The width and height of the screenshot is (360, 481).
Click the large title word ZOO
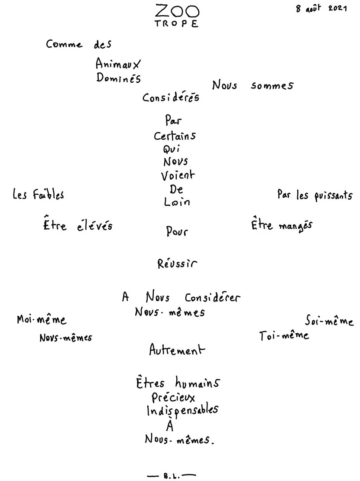click(177, 11)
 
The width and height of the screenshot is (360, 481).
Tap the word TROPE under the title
click(177, 24)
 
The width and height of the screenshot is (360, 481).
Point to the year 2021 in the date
click(337, 8)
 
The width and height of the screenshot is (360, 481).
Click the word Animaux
click(118, 64)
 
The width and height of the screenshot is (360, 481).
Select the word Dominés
click(119, 78)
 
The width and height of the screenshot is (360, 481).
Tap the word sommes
click(272, 86)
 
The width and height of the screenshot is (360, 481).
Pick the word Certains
click(175, 136)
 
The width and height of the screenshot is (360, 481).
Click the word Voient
click(178, 175)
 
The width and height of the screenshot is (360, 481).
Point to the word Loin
click(177, 201)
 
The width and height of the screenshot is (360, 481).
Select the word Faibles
click(49, 195)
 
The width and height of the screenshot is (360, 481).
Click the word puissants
click(334, 196)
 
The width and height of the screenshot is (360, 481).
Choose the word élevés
click(95, 226)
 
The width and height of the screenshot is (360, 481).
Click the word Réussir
click(177, 263)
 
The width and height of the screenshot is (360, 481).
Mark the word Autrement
click(177, 350)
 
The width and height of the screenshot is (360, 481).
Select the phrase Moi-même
click(42, 320)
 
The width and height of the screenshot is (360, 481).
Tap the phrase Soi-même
click(329, 321)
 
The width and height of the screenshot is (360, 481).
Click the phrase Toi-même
click(284, 335)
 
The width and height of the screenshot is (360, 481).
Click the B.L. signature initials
click(172, 476)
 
